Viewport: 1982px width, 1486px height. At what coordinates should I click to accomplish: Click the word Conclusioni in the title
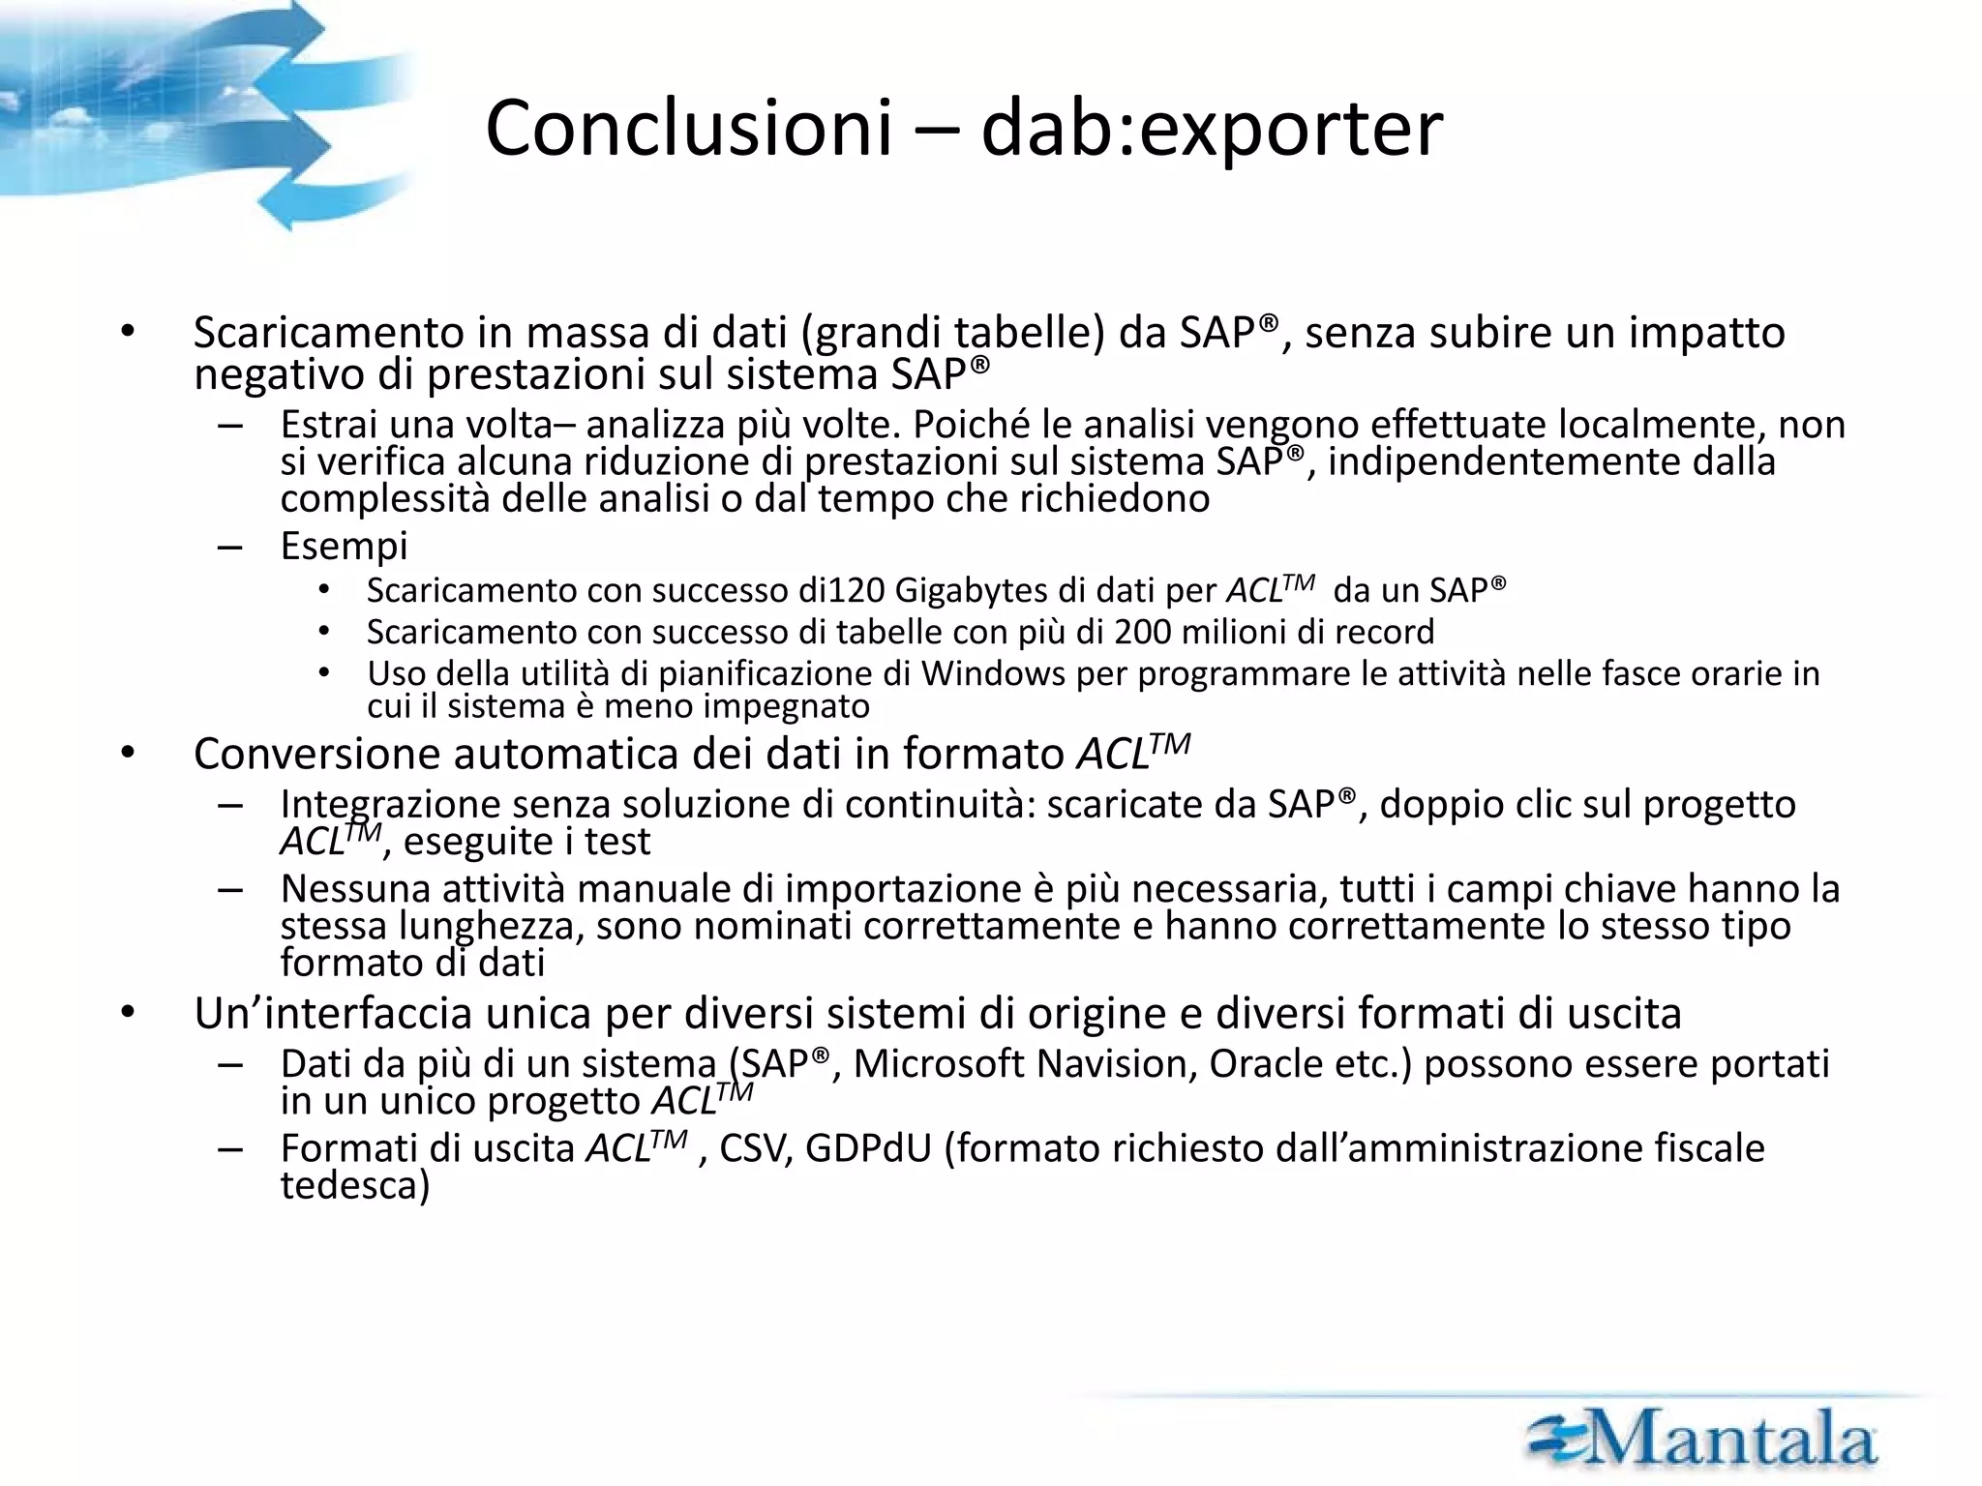click(x=687, y=129)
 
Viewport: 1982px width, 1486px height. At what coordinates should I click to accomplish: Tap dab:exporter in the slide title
click(x=1211, y=129)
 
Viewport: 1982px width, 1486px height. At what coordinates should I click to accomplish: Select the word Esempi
click(x=344, y=546)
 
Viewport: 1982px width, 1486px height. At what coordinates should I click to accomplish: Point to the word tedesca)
click(x=354, y=1185)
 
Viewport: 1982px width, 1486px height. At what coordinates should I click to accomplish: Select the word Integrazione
click(x=389, y=804)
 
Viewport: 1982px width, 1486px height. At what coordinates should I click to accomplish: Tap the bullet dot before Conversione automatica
click(x=128, y=754)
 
